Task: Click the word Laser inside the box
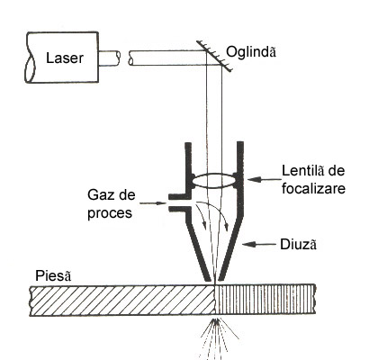tap(65, 58)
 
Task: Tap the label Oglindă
tap(251, 51)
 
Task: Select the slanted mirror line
tap(215, 57)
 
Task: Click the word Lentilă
tap(303, 171)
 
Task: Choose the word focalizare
tap(313, 189)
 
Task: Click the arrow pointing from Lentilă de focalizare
tap(264, 180)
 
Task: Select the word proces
tap(110, 213)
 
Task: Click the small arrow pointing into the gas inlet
tap(153, 203)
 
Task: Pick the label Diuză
tap(298, 245)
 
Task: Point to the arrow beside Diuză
tap(258, 245)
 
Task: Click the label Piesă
tap(53, 275)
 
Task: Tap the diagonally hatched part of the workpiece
tap(122, 301)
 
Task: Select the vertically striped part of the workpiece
tap(265, 301)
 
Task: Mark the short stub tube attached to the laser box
tap(109, 58)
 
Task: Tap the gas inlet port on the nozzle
tap(180, 203)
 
